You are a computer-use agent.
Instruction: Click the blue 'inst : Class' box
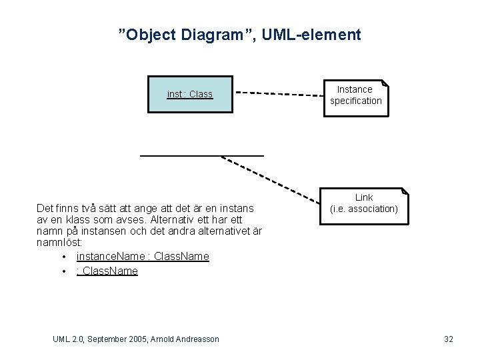[190, 94]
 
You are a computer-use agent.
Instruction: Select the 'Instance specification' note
[355, 95]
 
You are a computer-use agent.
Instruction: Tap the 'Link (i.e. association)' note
[364, 204]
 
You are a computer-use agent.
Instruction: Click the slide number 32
[449, 339]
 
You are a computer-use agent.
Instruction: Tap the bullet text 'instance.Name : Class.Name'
[143, 257]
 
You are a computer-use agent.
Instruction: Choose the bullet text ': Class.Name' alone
[107, 271]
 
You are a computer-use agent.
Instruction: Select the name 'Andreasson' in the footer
[197, 339]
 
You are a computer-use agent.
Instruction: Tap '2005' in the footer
[152, 339]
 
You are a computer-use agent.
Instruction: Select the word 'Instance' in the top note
[355, 89]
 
